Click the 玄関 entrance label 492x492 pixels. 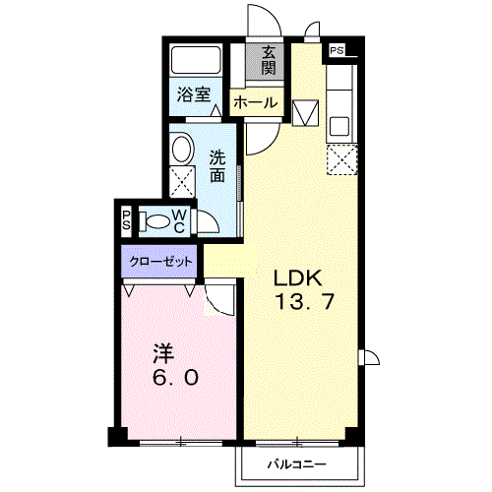click(268, 61)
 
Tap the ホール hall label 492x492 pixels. click(254, 102)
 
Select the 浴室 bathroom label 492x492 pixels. click(193, 94)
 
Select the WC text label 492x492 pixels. click(180, 220)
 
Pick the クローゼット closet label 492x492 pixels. click(158, 264)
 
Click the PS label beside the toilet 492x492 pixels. click(126, 220)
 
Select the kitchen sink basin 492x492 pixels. click(339, 125)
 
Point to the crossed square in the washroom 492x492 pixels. click(181, 180)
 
